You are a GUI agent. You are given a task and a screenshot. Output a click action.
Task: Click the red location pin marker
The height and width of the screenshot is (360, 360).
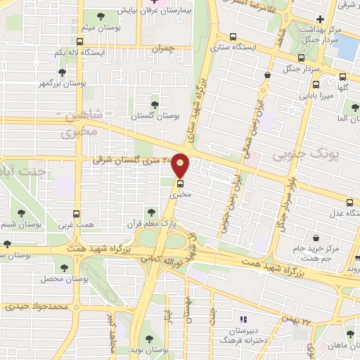click(x=181, y=165)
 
